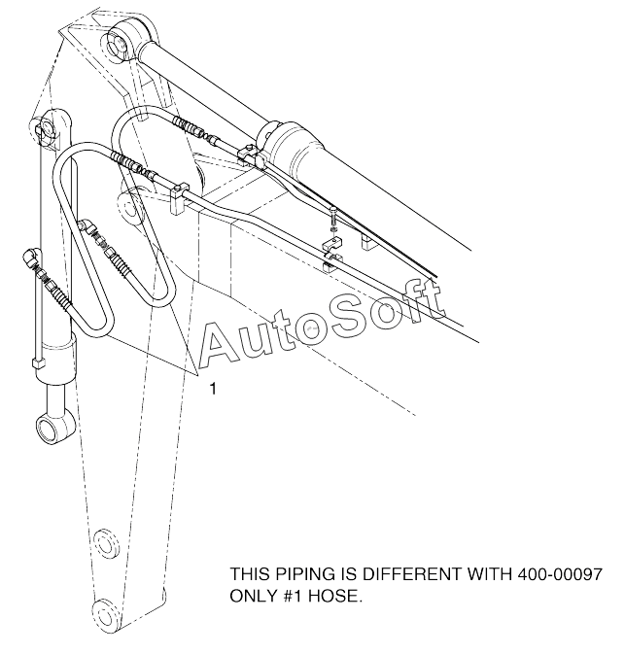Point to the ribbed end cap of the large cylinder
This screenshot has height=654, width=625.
click(293, 149)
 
